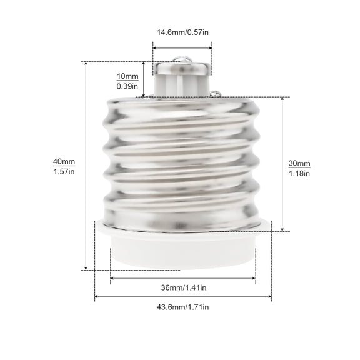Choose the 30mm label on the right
(x=299, y=163)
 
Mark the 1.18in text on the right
(x=299, y=173)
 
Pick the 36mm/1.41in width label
(x=183, y=287)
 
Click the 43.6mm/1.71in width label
(x=183, y=307)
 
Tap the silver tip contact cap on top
(x=182, y=67)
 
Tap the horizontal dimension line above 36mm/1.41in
(x=183, y=277)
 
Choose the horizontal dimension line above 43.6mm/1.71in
(x=183, y=296)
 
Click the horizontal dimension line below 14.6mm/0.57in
(x=182, y=45)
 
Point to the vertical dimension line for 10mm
(x=144, y=80)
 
